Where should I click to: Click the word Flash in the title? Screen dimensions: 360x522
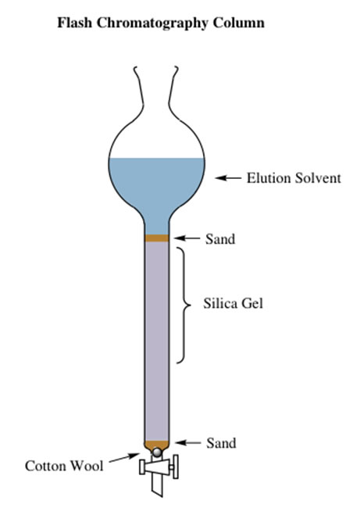point(74,23)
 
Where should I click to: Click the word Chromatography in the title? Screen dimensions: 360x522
point(152,23)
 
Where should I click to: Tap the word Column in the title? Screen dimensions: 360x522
point(239,23)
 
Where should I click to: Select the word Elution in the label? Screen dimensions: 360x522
point(268,177)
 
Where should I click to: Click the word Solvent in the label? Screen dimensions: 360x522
point(318,177)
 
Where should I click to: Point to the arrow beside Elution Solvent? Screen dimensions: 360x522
point(228,178)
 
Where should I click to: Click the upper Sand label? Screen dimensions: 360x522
point(220,238)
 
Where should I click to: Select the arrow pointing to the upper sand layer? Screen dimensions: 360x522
point(187,238)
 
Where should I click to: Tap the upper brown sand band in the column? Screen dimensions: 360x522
point(157,238)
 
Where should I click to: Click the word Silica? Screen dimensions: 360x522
point(220,303)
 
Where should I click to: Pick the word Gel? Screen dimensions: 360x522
point(252,303)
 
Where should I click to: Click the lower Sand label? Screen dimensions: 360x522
point(221,443)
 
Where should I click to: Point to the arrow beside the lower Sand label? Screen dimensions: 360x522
point(188,442)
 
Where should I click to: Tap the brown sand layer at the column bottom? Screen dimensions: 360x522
point(157,445)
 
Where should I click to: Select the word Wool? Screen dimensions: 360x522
point(87,466)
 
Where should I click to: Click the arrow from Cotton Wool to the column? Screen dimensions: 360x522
point(124,457)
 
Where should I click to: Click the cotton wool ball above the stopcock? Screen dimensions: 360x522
point(156,452)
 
